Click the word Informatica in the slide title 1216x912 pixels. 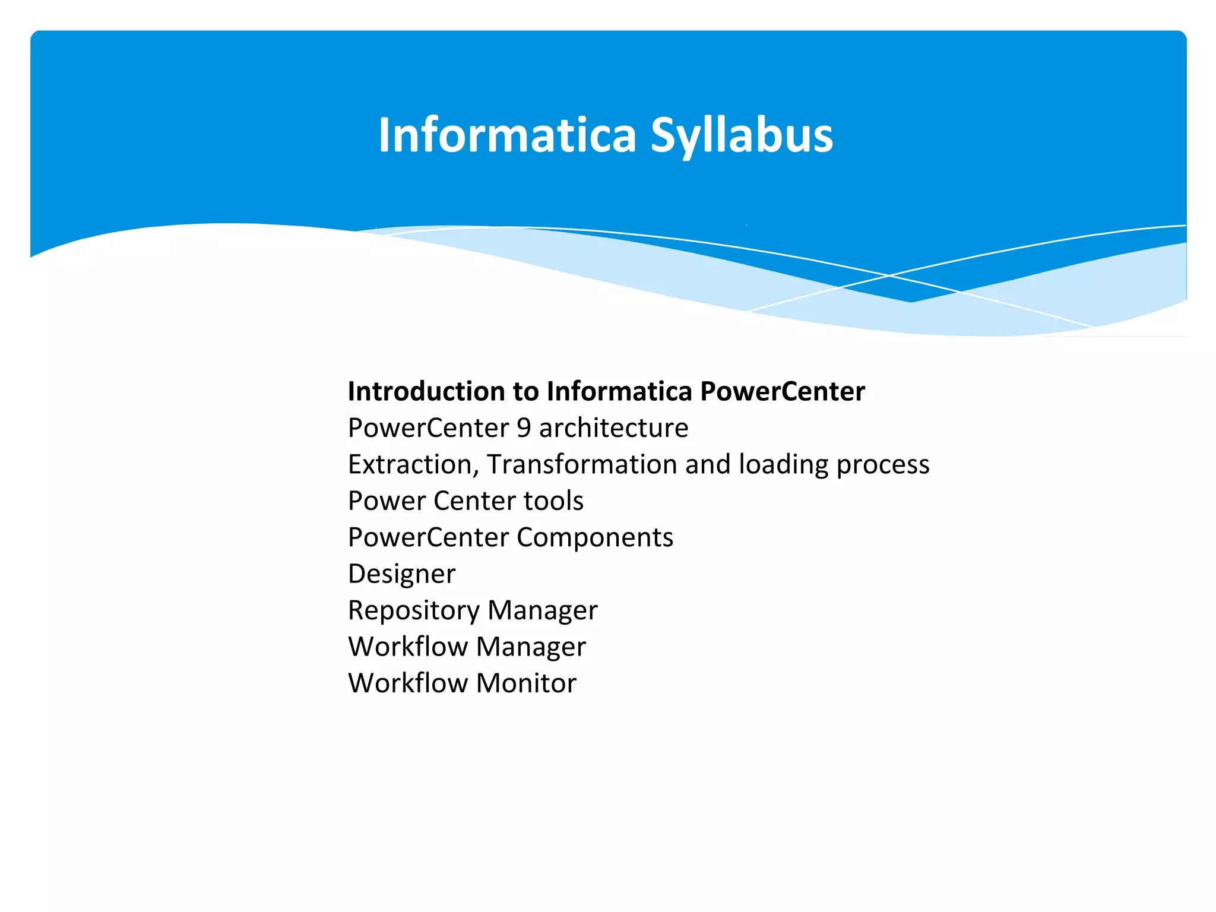[507, 135]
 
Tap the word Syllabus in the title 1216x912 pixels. [742, 137]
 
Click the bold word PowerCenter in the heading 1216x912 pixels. [782, 391]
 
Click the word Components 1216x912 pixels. [594, 538]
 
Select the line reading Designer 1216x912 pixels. [401, 574]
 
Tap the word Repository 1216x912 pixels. [413, 611]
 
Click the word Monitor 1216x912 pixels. [525, 683]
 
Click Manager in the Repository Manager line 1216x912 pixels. [542, 611]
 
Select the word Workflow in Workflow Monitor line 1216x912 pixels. [407, 683]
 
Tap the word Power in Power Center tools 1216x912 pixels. [387, 501]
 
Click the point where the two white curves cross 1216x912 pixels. [889, 275]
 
